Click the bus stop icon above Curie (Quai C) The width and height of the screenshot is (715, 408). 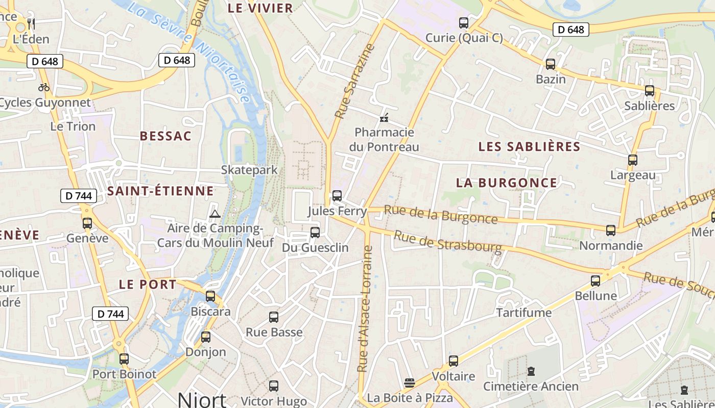tap(464, 23)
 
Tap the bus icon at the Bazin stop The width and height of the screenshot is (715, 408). tap(551, 64)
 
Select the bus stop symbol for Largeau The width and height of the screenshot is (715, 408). tap(633, 160)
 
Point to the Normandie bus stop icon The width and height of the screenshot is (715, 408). tap(611, 231)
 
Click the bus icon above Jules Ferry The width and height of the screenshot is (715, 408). tap(337, 196)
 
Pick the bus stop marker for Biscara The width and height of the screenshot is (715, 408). tap(210, 296)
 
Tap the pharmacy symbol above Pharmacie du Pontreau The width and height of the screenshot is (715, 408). tap(384, 118)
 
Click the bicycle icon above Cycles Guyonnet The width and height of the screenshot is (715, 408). tap(44, 87)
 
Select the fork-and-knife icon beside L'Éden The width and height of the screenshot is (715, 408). tap(31, 23)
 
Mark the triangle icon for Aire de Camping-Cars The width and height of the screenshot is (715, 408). tap(215, 214)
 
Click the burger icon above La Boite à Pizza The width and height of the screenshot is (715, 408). tap(409, 382)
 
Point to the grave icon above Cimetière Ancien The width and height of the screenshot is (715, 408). tap(531, 371)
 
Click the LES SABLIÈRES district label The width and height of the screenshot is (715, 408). tap(529, 147)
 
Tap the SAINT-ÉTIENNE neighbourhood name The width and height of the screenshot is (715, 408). tap(160, 191)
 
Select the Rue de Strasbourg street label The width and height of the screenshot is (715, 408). tap(448, 241)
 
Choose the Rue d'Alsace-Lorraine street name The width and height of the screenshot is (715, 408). tap(366, 309)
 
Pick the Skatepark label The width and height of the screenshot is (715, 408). tap(249, 170)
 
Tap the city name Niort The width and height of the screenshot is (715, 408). tap(202, 399)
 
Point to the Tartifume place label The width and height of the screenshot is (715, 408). tap(524, 313)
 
